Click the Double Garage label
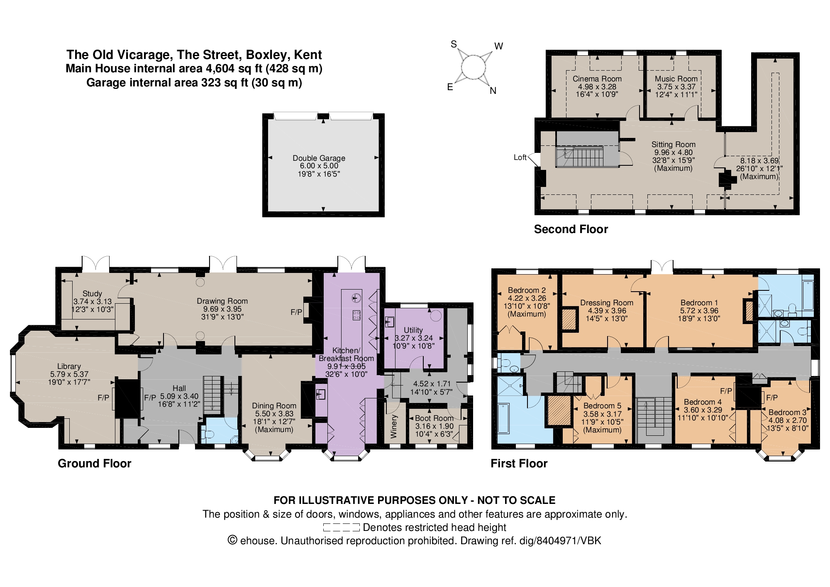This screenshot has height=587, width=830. coord(319,158)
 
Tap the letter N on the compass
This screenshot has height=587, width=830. coord(493,91)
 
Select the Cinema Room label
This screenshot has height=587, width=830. coord(597,79)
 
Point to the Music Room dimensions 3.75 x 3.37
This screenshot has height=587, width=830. coord(676,87)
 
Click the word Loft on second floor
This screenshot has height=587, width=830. coord(520,157)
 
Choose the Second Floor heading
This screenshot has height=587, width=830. coord(571,229)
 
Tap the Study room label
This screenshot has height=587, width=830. coord(92,294)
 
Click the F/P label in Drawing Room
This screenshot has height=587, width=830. coord(296,312)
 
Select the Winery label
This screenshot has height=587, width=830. coord(394,426)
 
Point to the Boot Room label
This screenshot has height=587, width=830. coord(434,418)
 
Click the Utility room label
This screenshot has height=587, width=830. coord(413,330)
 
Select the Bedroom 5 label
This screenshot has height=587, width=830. coord(602,406)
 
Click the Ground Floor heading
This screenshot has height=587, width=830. coord(94,464)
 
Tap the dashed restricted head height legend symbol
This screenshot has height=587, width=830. coord(341,528)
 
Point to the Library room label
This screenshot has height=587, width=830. coord(69,366)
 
